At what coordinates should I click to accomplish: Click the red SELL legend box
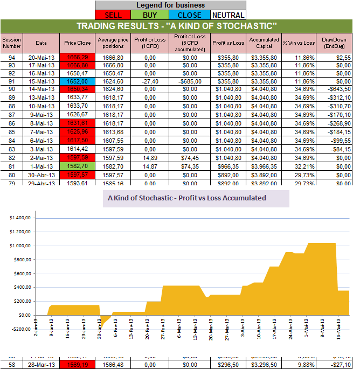click(114, 15)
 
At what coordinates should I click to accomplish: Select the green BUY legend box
click(153, 15)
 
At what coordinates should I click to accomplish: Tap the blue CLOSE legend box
click(190, 15)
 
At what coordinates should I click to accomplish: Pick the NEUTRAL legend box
click(227, 15)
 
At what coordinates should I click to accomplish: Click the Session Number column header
click(11, 43)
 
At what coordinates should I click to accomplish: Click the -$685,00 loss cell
click(189, 81)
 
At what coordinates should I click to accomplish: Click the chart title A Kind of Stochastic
click(187, 198)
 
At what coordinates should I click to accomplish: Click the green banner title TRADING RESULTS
click(177, 26)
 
